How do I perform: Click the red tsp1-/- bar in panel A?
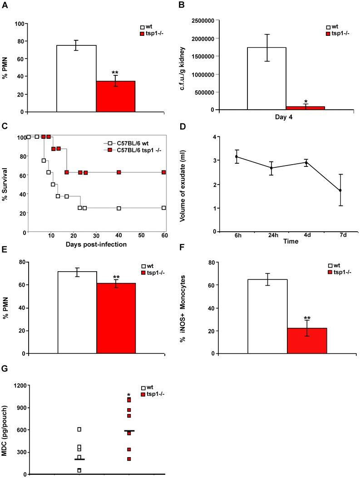click(115, 96)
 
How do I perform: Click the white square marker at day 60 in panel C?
click(163, 208)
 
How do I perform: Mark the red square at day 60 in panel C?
click(163, 172)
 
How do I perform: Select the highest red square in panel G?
click(129, 400)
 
